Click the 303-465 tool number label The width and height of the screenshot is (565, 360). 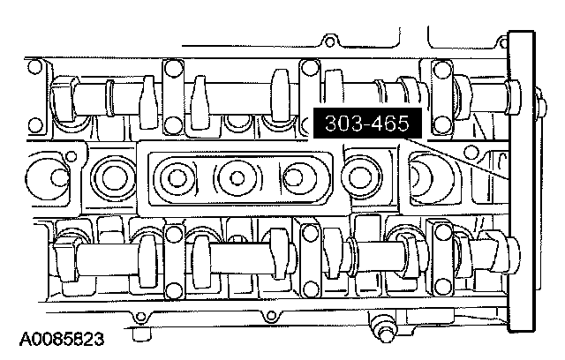point(367,123)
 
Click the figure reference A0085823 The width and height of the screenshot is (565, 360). point(62,339)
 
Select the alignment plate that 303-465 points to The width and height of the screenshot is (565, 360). point(521,182)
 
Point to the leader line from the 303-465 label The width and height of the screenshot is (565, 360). point(456,159)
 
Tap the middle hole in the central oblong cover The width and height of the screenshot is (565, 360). point(237,178)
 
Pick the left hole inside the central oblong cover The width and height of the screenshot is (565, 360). point(177,178)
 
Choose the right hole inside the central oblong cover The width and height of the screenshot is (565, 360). point(294,178)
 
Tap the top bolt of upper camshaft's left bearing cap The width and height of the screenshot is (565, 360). point(173,67)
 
